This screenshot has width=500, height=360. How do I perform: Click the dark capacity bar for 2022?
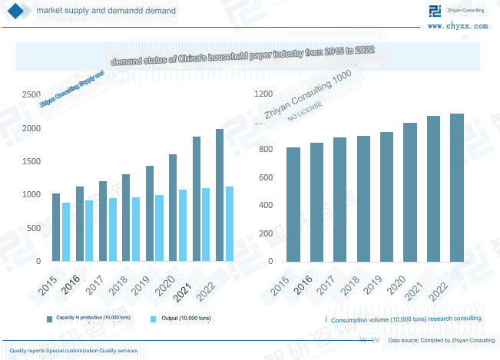point(220,195)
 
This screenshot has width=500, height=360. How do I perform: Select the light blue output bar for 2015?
point(66,232)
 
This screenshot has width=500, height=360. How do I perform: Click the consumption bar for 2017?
point(339,200)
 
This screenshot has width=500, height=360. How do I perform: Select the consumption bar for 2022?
point(457,187)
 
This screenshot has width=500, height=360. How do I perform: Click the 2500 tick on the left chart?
point(31,94)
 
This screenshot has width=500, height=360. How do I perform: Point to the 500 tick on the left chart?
point(34,228)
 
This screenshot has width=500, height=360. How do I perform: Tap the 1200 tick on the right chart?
point(263,94)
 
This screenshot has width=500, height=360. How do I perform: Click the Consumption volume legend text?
point(406,318)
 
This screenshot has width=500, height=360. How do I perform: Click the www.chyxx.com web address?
point(457,25)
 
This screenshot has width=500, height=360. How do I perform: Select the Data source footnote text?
point(441,340)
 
